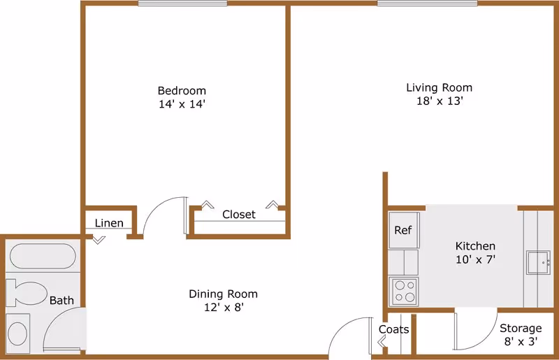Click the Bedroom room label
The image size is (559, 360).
click(182, 91)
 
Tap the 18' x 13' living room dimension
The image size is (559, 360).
click(440, 101)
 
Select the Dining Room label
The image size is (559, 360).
click(223, 294)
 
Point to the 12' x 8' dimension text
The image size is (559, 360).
click(224, 307)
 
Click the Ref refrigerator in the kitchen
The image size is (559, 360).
click(404, 230)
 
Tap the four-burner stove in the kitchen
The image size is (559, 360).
click(404, 291)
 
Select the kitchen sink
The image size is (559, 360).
click(538, 263)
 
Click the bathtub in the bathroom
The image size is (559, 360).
click(43, 256)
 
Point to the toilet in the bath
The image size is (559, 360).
click(27, 294)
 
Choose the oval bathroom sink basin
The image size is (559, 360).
click(17, 333)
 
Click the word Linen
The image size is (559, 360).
click(109, 223)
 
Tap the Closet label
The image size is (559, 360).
click(239, 215)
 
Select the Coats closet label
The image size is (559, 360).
click(393, 329)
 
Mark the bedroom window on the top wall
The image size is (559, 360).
click(182, 3)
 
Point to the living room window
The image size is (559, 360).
click(427, 3)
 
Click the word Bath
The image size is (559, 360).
click(61, 301)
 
